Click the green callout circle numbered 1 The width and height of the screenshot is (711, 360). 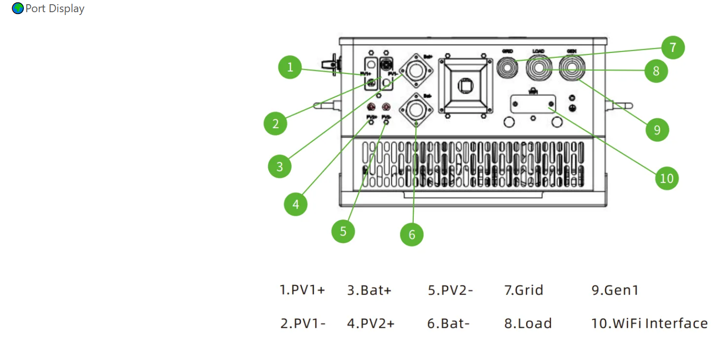pyautogui.click(x=290, y=67)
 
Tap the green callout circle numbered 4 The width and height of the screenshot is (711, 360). pyautogui.click(x=296, y=204)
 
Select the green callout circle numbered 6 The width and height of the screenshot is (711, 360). pyautogui.click(x=412, y=235)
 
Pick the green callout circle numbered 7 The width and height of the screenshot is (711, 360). pyautogui.click(x=673, y=47)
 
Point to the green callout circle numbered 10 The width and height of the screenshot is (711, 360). pyautogui.click(x=667, y=178)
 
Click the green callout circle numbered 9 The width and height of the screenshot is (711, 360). pyautogui.click(x=657, y=130)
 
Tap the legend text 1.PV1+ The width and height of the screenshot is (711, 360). pyautogui.click(x=302, y=290)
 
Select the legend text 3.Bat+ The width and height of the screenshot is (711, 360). pyautogui.click(x=369, y=290)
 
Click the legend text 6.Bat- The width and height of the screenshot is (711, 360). pyautogui.click(x=448, y=323)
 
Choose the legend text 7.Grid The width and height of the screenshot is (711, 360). pyautogui.click(x=524, y=290)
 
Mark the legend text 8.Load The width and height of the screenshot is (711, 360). pyautogui.click(x=528, y=323)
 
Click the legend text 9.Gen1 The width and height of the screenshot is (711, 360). pyautogui.click(x=615, y=290)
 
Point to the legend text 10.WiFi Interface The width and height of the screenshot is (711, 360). pyautogui.click(x=650, y=323)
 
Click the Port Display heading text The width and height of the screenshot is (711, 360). pyautogui.click(x=55, y=8)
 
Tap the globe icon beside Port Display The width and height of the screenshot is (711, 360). pyautogui.click(x=18, y=8)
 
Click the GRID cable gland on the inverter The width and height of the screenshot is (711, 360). pyautogui.click(x=508, y=67)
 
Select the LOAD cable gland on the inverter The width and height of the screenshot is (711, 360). pyautogui.click(x=538, y=68)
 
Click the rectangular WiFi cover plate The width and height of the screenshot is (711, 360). pyautogui.click(x=533, y=103)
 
